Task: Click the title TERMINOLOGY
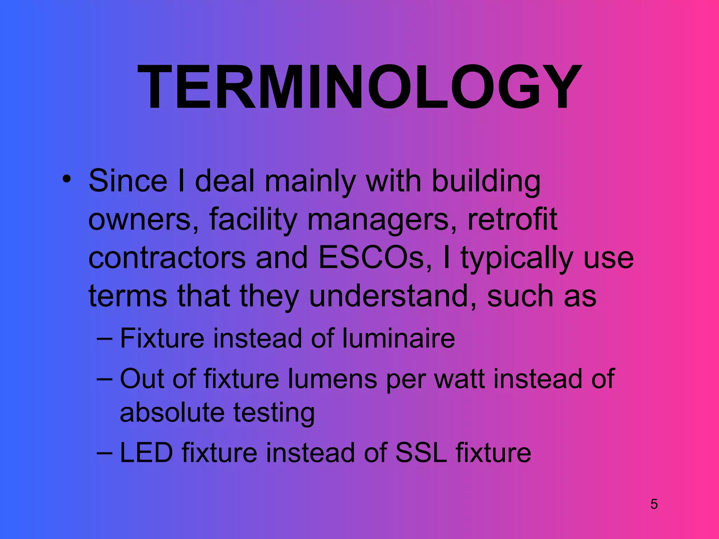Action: [359, 88]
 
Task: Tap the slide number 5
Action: [654, 504]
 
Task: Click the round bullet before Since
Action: [66, 179]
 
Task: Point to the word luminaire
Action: [398, 338]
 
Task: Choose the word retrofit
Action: [512, 219]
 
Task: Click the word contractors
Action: [167, 258]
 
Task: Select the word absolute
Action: [172, 412]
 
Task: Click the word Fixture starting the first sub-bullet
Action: [162, 338]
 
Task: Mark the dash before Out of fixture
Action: [104, 379]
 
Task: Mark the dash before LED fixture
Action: [104, 453]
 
